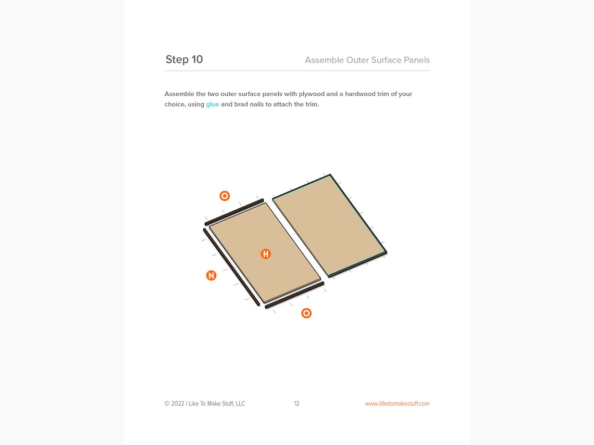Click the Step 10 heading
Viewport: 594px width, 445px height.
click(x=184, y=59)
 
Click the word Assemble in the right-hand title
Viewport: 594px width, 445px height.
click(x=324, y=60)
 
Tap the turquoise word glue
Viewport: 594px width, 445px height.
click(x=213, y=105)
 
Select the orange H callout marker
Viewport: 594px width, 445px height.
click(x=266, y=254)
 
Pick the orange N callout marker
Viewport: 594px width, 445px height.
click(x=211, y=275)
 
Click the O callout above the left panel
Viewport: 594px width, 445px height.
click(x=225, y=196)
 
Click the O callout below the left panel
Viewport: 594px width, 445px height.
click(x=306, y=313)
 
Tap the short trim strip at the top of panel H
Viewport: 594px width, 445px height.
click(x=234, y=212)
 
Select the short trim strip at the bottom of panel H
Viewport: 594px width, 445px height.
click(x=294, y=295)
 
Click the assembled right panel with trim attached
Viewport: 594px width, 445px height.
click(x=330, y=225)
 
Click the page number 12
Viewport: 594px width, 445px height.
click(x=296, y=404)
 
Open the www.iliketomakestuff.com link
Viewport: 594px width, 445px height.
click(x=397, y=404)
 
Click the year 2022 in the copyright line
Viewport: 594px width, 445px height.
click(x=178, y=404)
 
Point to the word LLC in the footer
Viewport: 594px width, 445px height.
click(x=240, y=404)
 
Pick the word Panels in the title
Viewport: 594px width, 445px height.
click(x=416, y=60)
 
